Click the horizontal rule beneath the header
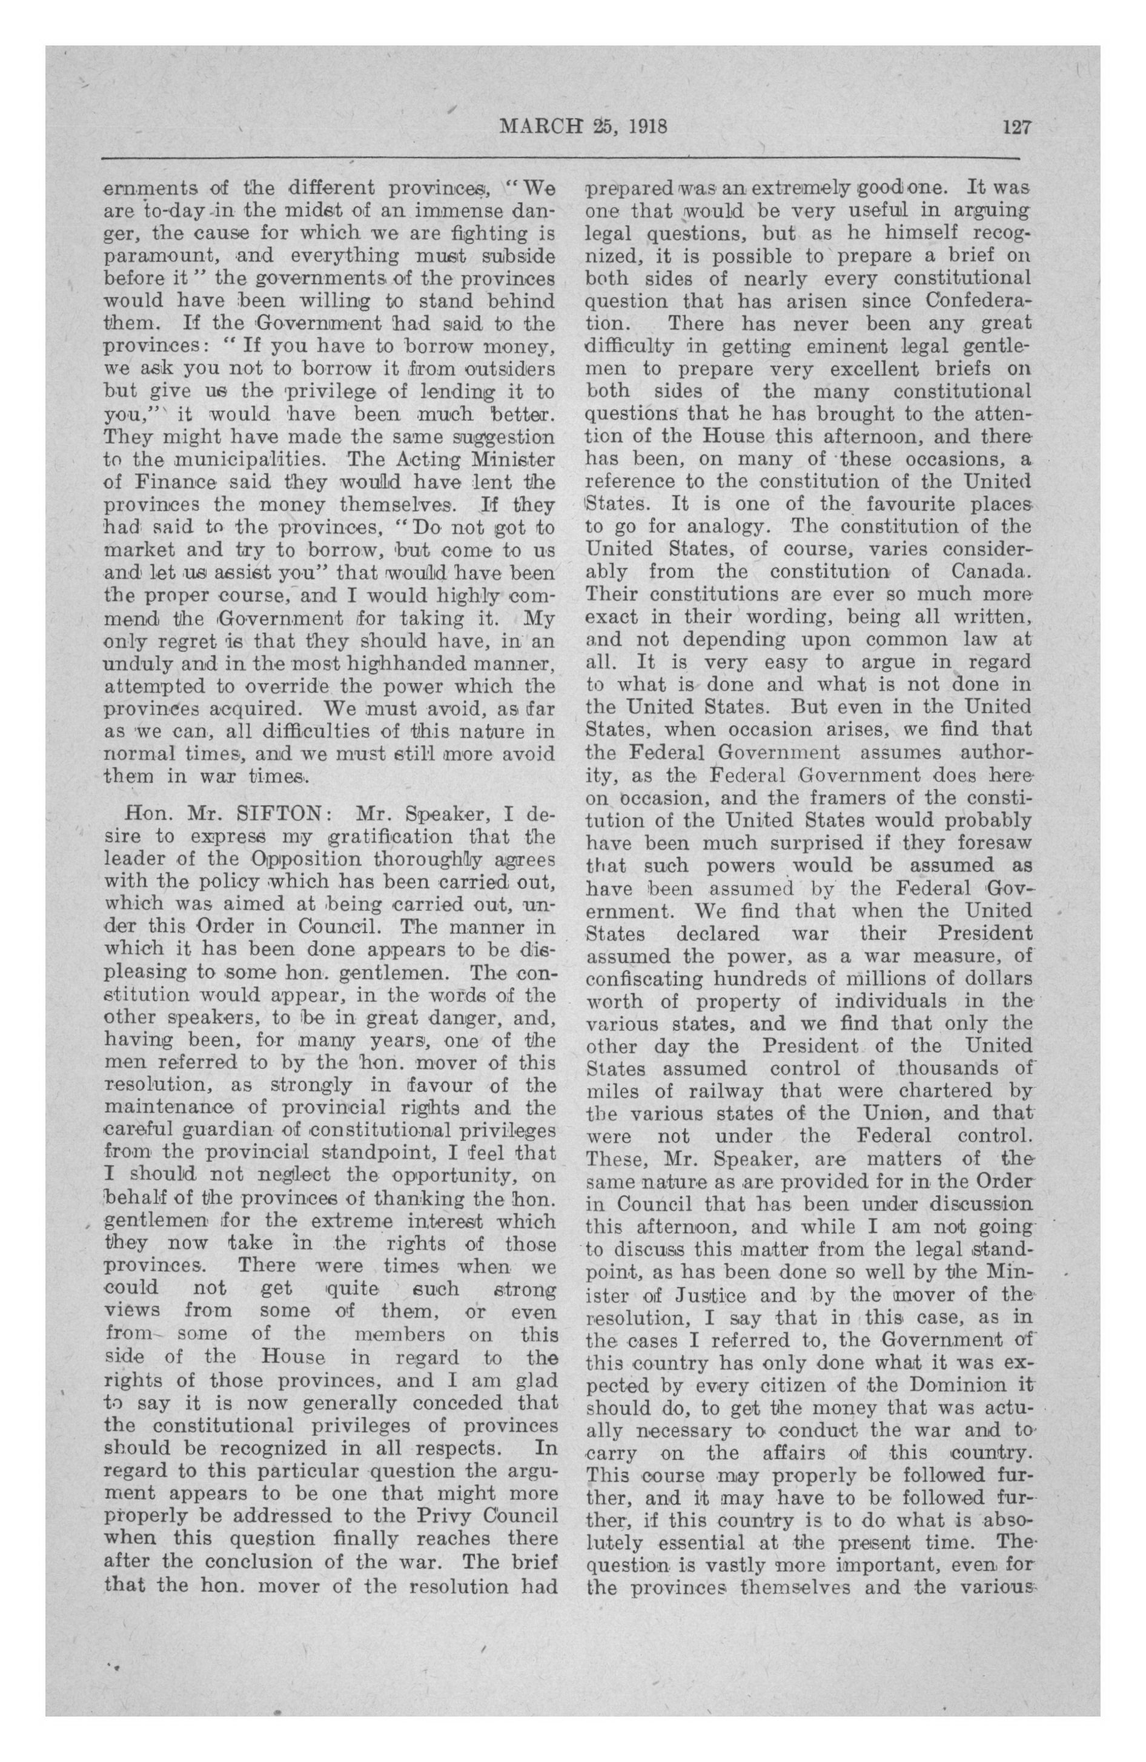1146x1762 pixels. [560, 158]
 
